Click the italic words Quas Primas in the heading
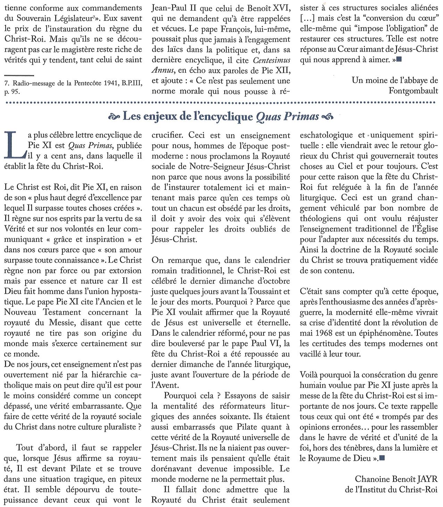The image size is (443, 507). pyautogui.click(x=287, y=117)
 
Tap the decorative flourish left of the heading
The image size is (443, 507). pyautogui.click(x=114, y=117)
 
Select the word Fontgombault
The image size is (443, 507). pyautogui.click(x=413, y=91)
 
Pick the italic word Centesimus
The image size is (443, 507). pyautogui.click(x=272, y=60)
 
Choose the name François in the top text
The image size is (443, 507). pyautogui.click(x=204, y=29)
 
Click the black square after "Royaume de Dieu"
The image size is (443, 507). pyautogui.click(x=382, y=458)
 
